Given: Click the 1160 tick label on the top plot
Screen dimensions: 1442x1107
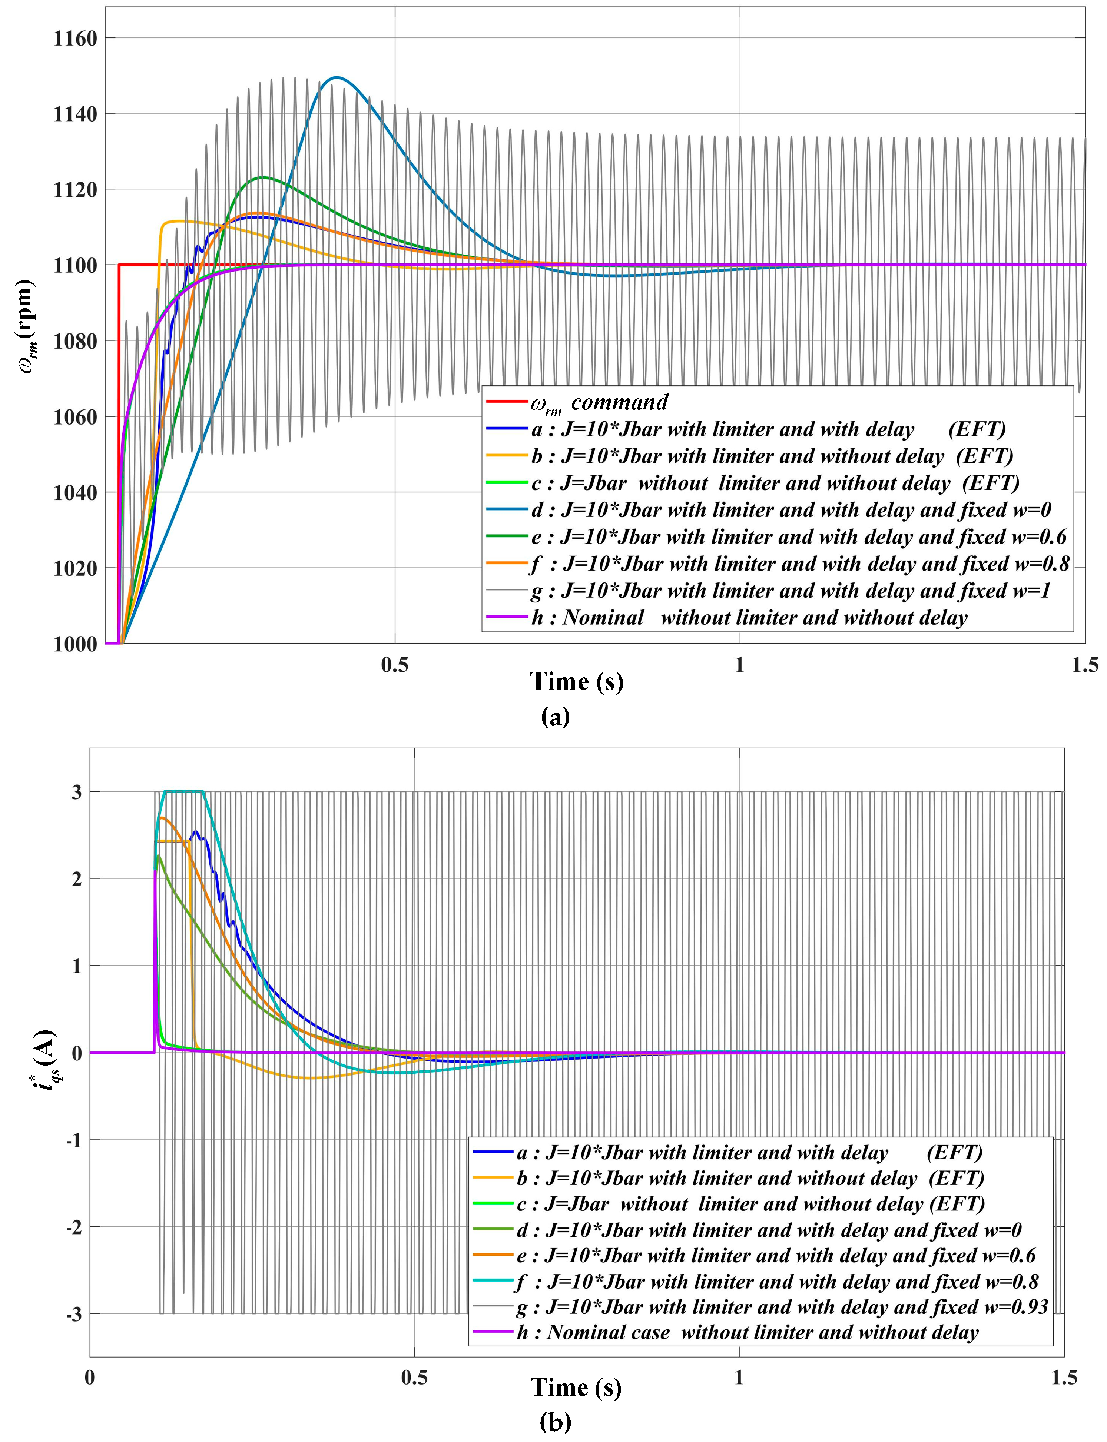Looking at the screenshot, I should (74, 38).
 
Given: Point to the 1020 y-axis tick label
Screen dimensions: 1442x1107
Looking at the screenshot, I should (74, 568).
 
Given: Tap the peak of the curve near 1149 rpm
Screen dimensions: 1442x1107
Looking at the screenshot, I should (337, 78).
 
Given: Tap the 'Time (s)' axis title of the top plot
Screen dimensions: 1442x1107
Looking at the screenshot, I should (577, 681).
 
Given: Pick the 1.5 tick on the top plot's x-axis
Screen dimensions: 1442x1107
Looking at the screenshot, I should (1084, 665).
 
